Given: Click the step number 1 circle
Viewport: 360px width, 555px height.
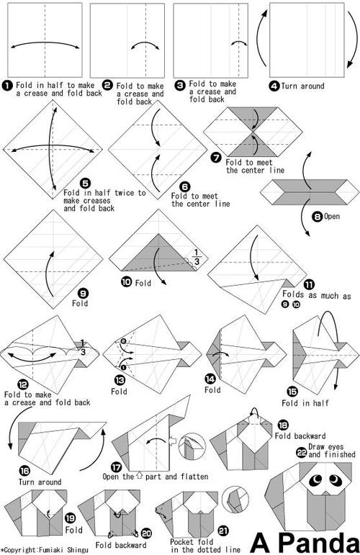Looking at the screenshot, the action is pos(7,86).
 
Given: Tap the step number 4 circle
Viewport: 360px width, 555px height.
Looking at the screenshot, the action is pos(274,86).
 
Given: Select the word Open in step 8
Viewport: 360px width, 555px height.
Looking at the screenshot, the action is pos(332,216).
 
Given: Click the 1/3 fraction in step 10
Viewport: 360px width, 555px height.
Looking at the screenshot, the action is pos(197,256).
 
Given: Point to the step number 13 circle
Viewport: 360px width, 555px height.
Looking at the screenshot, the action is pos(120,381).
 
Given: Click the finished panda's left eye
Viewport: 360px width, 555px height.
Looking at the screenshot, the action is pos(316,480).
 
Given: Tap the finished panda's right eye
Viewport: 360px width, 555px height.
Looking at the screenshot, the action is pos(335,479).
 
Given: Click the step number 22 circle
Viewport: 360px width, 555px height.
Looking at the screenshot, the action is pos(302,452).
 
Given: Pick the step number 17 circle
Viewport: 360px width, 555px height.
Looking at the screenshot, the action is pos(116,467).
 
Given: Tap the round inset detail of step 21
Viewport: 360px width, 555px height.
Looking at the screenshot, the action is pos(235,500).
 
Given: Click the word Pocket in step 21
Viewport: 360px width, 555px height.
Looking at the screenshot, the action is pos(182,542).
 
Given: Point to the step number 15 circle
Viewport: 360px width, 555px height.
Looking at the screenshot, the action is pos(292,392).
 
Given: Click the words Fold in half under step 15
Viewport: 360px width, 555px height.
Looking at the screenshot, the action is pos(305,403).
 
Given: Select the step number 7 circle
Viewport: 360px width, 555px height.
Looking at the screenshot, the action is pos(216,157).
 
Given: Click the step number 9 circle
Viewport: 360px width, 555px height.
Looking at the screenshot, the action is pos(84,293).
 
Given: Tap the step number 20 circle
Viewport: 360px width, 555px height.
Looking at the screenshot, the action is pos(146,533).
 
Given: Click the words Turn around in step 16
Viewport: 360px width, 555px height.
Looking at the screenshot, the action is pos(40,482).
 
